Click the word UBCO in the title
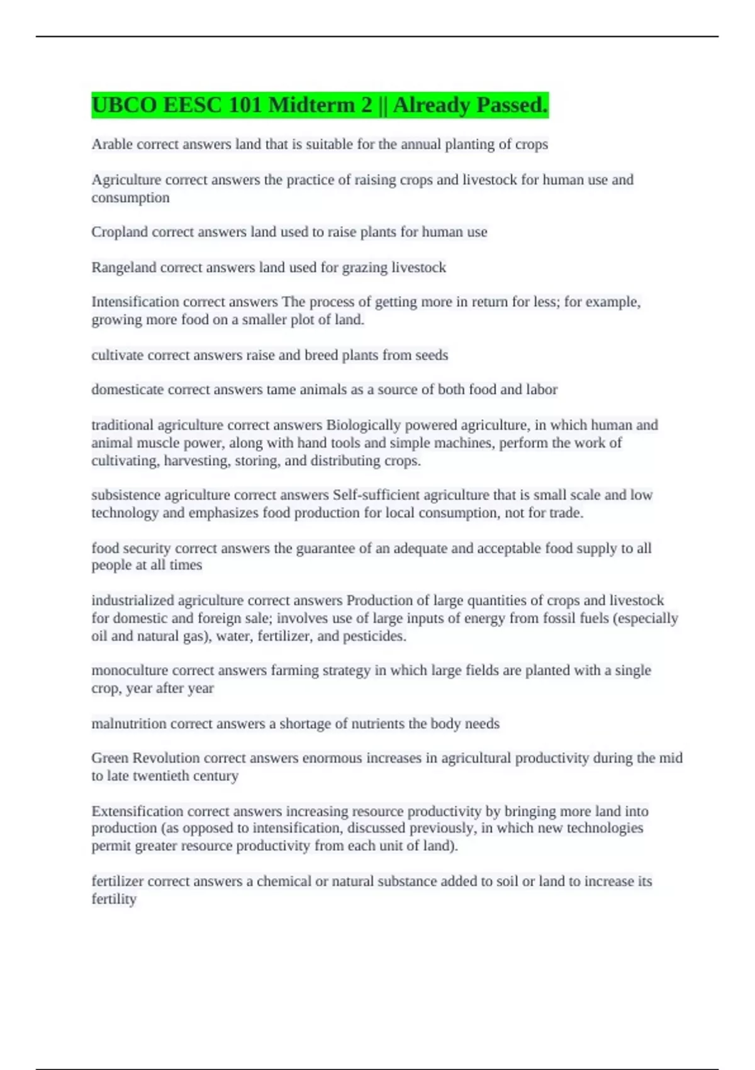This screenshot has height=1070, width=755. [124, 105]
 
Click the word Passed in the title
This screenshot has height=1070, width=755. [512, 105]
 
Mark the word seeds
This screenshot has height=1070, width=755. [432, 355]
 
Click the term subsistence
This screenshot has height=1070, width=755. [126, 495]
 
